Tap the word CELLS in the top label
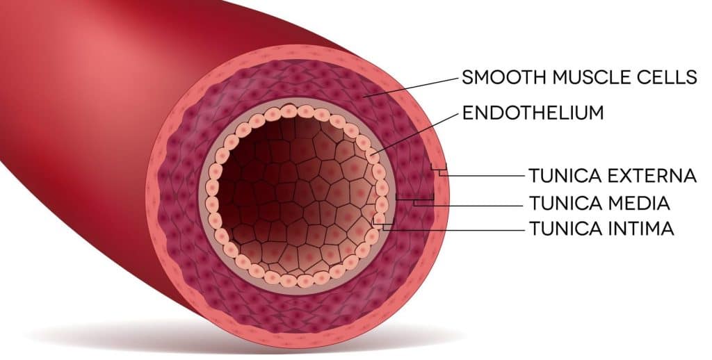coord(663,77)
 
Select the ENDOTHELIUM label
coord(533,113)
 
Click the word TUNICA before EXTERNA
coord(563,176)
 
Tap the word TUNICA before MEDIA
coord(563,204)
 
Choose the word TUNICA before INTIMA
coord(563,228)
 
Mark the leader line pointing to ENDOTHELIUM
coord(417,131)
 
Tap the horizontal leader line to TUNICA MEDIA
coord(473,205)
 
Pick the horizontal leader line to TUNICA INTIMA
coord(452,229)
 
